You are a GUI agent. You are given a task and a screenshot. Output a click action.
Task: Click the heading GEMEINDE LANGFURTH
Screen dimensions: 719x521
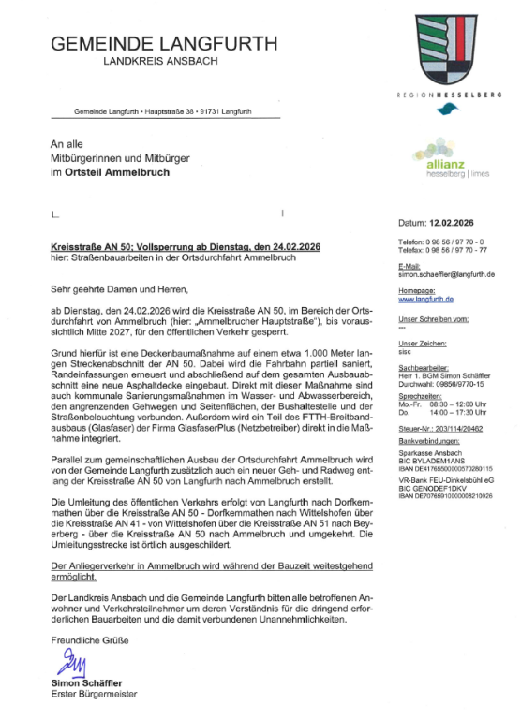click(x=164, y=44)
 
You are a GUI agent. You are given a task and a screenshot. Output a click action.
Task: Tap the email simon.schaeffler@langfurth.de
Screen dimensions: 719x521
click(x=446, y=274)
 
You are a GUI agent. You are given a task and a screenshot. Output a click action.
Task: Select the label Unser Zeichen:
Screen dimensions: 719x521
click(x=423, y=343)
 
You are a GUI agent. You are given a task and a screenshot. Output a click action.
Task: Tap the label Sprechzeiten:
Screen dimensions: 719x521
click(x=420, y=396)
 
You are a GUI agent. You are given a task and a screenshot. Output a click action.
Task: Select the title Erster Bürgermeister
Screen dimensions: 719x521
click(x=95, y=695)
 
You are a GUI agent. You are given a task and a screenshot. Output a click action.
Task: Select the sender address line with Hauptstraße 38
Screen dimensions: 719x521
click(x=163, y=111)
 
